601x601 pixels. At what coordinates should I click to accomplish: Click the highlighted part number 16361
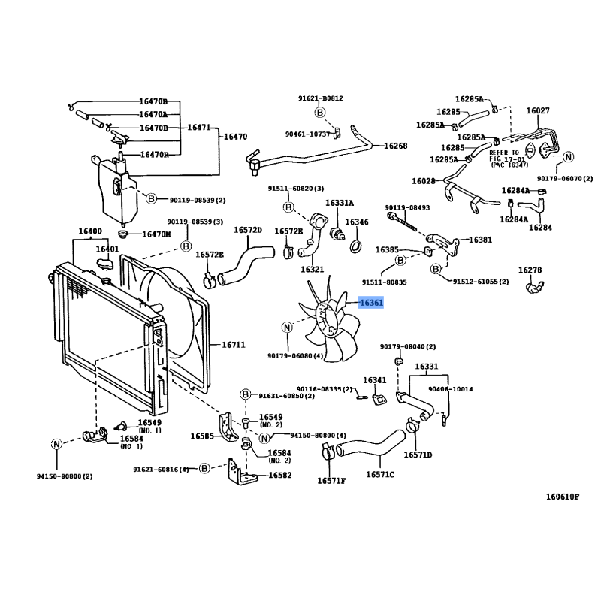pyautogui.click(x=371, y=303)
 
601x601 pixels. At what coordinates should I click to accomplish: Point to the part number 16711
pyautogui.click(x=234, y=345)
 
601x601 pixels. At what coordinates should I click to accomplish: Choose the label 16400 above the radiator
pyautogui.click(x=89, y=231)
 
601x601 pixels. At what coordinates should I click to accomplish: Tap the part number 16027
pyautogui.click(x=538, y=110)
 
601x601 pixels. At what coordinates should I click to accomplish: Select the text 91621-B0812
pyautogui.click(x=320, y=98)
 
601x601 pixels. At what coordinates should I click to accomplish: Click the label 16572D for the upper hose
pyautogui.click(x=247, y=230)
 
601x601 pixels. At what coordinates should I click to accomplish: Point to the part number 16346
pyautogui.click(x=357, y=222)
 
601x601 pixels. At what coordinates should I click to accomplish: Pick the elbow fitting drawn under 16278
pyautogui.click(x=535, y=286)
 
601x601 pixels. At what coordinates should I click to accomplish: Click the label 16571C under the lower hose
pyautogui.click(x=380, y=474)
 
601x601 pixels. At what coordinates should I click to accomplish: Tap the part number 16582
pyautogui.click(x=279, y=476)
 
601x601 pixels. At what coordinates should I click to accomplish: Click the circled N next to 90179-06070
pyautogui.click(x=569, y=157)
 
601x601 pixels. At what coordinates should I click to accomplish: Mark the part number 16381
pyautogui.click(x=481, y=240)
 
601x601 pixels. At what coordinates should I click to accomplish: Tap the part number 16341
pyautogui.click(x=375, y=380)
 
